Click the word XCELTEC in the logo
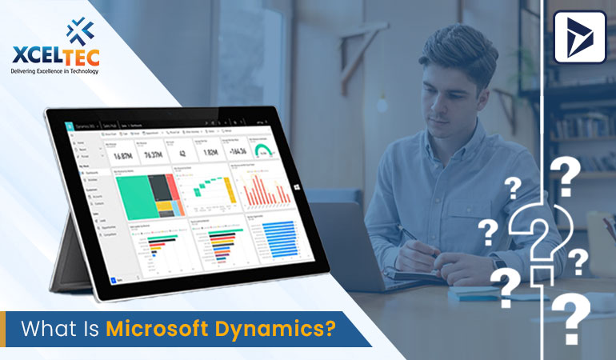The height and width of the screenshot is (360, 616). pos(54,56)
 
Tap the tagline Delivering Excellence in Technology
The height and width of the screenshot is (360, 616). pos(54,70)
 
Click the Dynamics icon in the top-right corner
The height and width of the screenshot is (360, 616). pos(580,35)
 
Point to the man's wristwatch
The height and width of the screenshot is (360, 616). pos(499,262)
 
